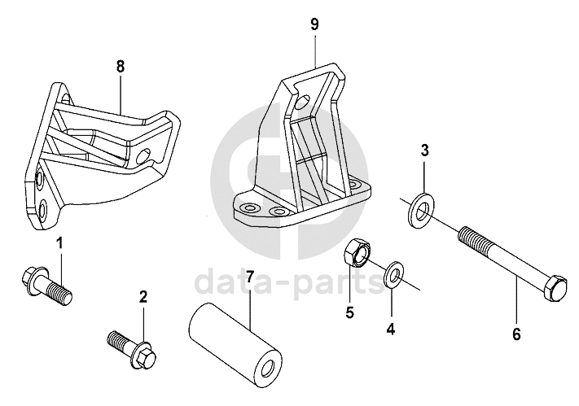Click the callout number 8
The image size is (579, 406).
121,67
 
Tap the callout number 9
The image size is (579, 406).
314,24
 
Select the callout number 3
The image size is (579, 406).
424,151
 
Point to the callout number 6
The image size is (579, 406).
516,334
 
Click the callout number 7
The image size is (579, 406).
250,277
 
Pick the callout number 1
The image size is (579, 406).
59,243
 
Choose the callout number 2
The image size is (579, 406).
143,297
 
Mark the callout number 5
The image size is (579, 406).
349,312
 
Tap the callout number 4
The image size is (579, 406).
391,329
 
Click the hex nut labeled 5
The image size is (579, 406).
357,252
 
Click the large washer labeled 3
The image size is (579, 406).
422,210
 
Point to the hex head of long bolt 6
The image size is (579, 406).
554,288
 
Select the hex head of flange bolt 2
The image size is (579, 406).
143,356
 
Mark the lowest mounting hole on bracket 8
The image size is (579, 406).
42,210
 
